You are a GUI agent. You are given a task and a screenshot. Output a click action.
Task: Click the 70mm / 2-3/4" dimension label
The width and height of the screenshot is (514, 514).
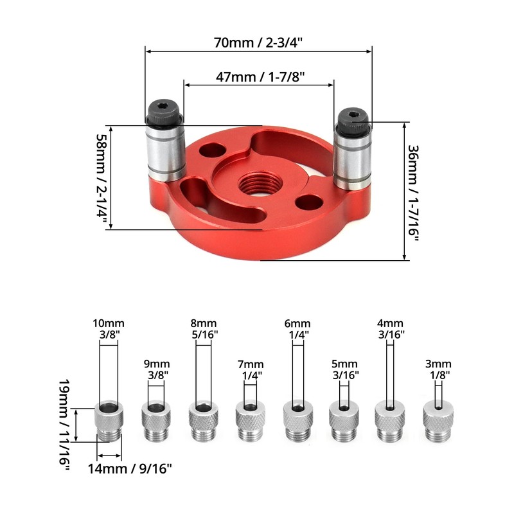[258, 42]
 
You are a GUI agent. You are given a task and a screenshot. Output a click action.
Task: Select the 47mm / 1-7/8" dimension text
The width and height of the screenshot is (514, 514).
[260, 77]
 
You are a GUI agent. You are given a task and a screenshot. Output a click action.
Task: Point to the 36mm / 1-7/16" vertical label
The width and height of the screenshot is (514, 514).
[413, 193]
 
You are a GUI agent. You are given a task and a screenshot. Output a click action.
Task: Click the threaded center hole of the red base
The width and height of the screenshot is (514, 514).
[260, 184]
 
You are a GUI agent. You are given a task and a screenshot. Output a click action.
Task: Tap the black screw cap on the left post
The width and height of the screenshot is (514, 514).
[164, 111]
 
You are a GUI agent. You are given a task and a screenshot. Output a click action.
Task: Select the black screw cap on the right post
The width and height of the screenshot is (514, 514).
[353, 121]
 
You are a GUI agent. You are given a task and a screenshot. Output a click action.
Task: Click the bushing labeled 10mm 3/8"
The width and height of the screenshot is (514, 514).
[109, 421]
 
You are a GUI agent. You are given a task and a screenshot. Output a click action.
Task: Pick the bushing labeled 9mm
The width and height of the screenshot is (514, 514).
[155, 421]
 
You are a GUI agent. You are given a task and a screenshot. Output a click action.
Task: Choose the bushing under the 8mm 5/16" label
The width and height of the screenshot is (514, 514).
[203, 421]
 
